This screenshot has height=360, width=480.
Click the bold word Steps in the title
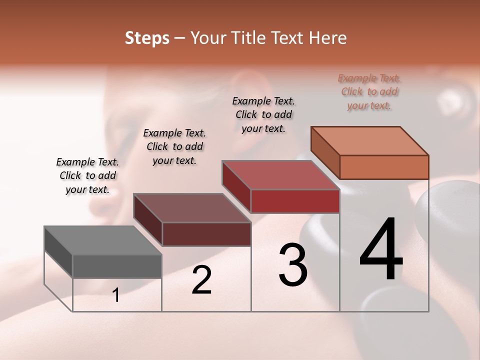[x=147, y=38]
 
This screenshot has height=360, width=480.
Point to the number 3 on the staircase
[x=292, y=265]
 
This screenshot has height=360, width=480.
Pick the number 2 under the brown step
[x=201, y=280]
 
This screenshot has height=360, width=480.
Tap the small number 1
[x=116, y=295]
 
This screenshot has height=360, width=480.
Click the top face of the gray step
[x=102, y=240]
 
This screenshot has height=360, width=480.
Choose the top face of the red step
[x=280, y=175]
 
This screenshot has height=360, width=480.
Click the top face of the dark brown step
[x=192, y=208]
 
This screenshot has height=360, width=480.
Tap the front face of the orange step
[x=384, y=167]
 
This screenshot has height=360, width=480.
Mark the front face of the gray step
[x=117, y=266]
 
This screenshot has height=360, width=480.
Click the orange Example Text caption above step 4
[x=369, y=91]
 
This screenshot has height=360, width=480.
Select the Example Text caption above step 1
[x=87, y=175]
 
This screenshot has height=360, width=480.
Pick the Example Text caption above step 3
[x=263, y=114]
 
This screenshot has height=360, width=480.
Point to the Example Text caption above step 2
[x=174, y=146]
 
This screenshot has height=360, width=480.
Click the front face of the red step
[x=295, y=201]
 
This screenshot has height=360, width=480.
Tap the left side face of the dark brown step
[x=147, y=220]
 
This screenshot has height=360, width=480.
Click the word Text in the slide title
[x=286, y=38]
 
